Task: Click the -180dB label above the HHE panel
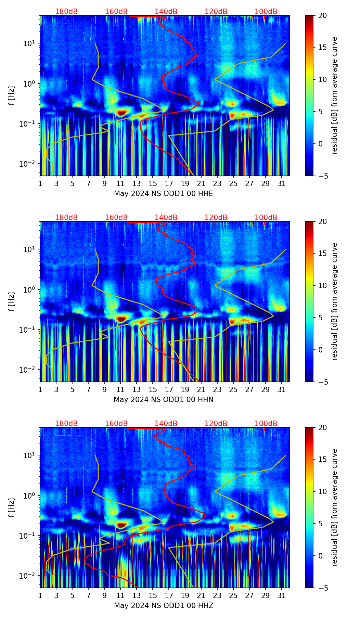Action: [65, 12]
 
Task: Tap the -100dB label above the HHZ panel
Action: [265, 424]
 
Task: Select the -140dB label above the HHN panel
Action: [165, 218]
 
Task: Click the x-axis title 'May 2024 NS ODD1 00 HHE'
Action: [164, 194]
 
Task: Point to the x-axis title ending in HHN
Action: [164, 400]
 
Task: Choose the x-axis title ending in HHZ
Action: [164, 606]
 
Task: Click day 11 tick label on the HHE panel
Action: [120, 184]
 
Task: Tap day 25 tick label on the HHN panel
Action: [233, 390]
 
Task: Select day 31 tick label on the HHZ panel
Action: [281, 596]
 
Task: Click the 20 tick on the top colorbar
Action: [322, 16]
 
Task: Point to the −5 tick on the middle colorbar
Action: [322, 382]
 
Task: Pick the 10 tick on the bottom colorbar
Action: [322, 492]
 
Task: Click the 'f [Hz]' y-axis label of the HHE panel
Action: [11, 96]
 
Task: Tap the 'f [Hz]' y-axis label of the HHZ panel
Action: [11, 508]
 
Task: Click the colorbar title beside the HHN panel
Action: [334, 301]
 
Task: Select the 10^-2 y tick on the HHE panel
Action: [29, 164]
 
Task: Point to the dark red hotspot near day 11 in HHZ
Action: [121, 524]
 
